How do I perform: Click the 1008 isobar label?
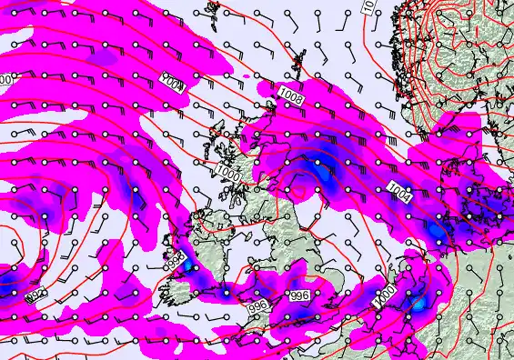[292, 95]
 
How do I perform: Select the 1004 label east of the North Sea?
[399, 191]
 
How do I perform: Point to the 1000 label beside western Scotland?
[228, 170]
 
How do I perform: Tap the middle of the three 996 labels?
[257, 307]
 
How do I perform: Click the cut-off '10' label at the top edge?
[368, 6]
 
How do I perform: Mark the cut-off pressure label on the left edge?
[5, 80]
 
